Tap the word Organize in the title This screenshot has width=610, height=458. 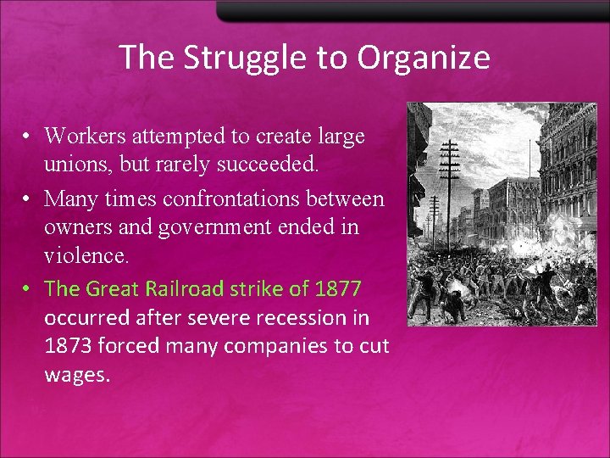click(x=424, y=58)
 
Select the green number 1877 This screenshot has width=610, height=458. click(x=338, y=288)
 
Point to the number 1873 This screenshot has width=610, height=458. click(x=70, y=347)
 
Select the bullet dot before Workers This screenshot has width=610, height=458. click(x=28, y=136)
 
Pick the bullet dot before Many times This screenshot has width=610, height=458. click(x=28, y=200)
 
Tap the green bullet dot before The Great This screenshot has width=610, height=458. click(x=28, y=289)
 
